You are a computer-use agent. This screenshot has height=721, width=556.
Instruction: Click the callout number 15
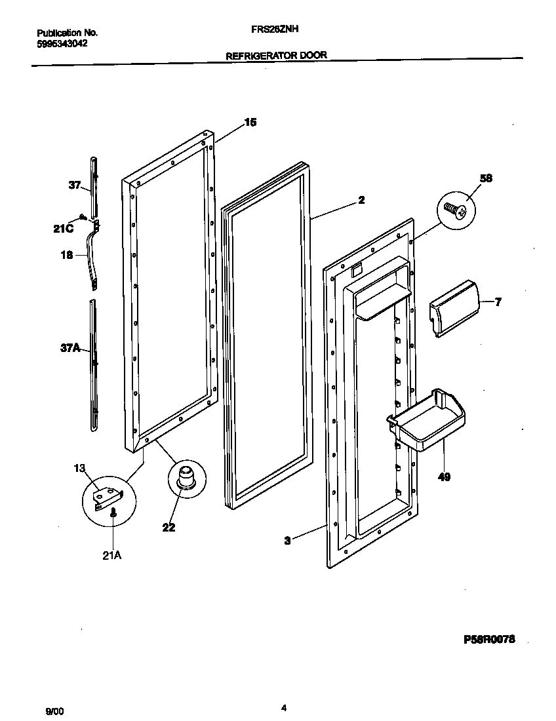pyautogui.click(x=250, y=123)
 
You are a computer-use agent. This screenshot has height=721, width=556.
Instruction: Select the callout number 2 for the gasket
pyautogui.click(x=361, y=201)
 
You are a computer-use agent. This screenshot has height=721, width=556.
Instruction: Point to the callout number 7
pyautogui.click(x=498, y=302)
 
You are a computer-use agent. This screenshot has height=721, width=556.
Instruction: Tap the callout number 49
pyautogui.click(x=444, y=477)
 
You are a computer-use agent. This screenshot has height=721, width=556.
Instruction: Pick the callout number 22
pyautogui.click(x=169, y=527)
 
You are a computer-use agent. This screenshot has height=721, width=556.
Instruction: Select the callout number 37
pyautogui.click(x=75, y=185)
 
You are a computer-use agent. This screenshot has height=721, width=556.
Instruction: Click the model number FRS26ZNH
pyautogui.click(x=275, y=29)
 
